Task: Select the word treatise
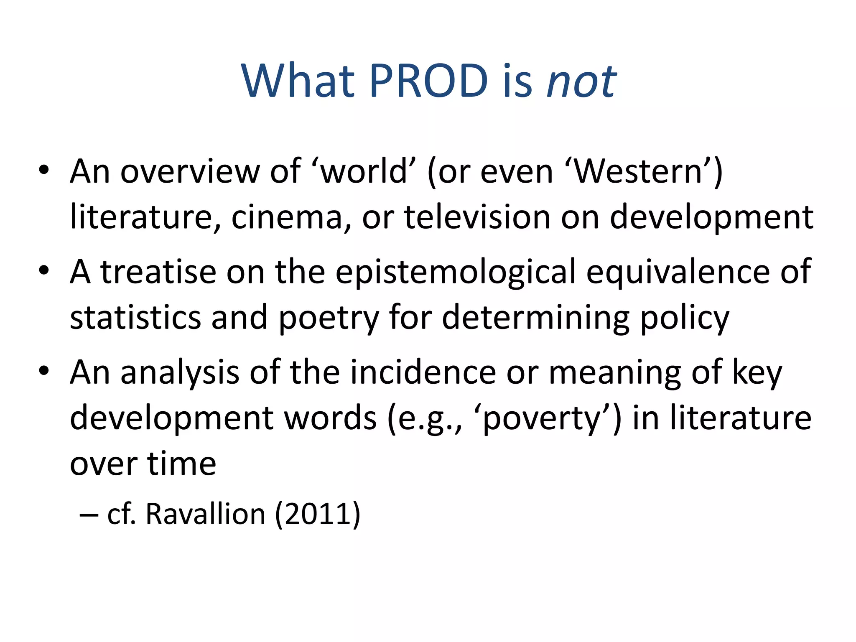click(158, 272)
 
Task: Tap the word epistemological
click(456, 272)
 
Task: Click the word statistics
click(135, 318)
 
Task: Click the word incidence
click(423, 372)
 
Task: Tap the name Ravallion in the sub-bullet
click(205, 514)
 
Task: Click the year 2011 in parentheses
click(317, 514)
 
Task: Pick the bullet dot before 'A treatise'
click(44, 270)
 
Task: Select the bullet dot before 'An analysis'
click(44, 371)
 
